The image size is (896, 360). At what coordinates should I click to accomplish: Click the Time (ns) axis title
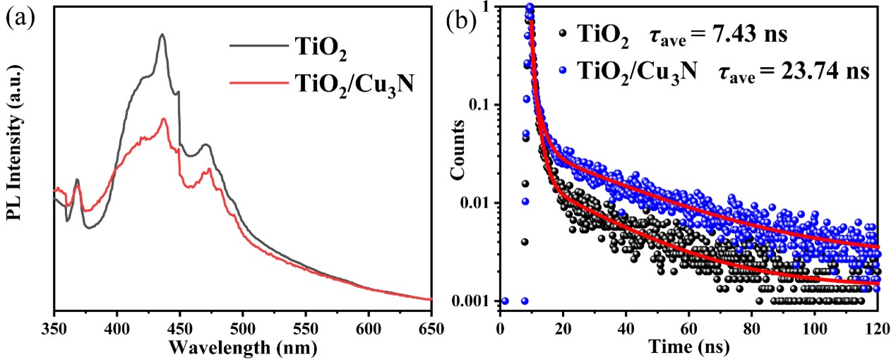[688, 347]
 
